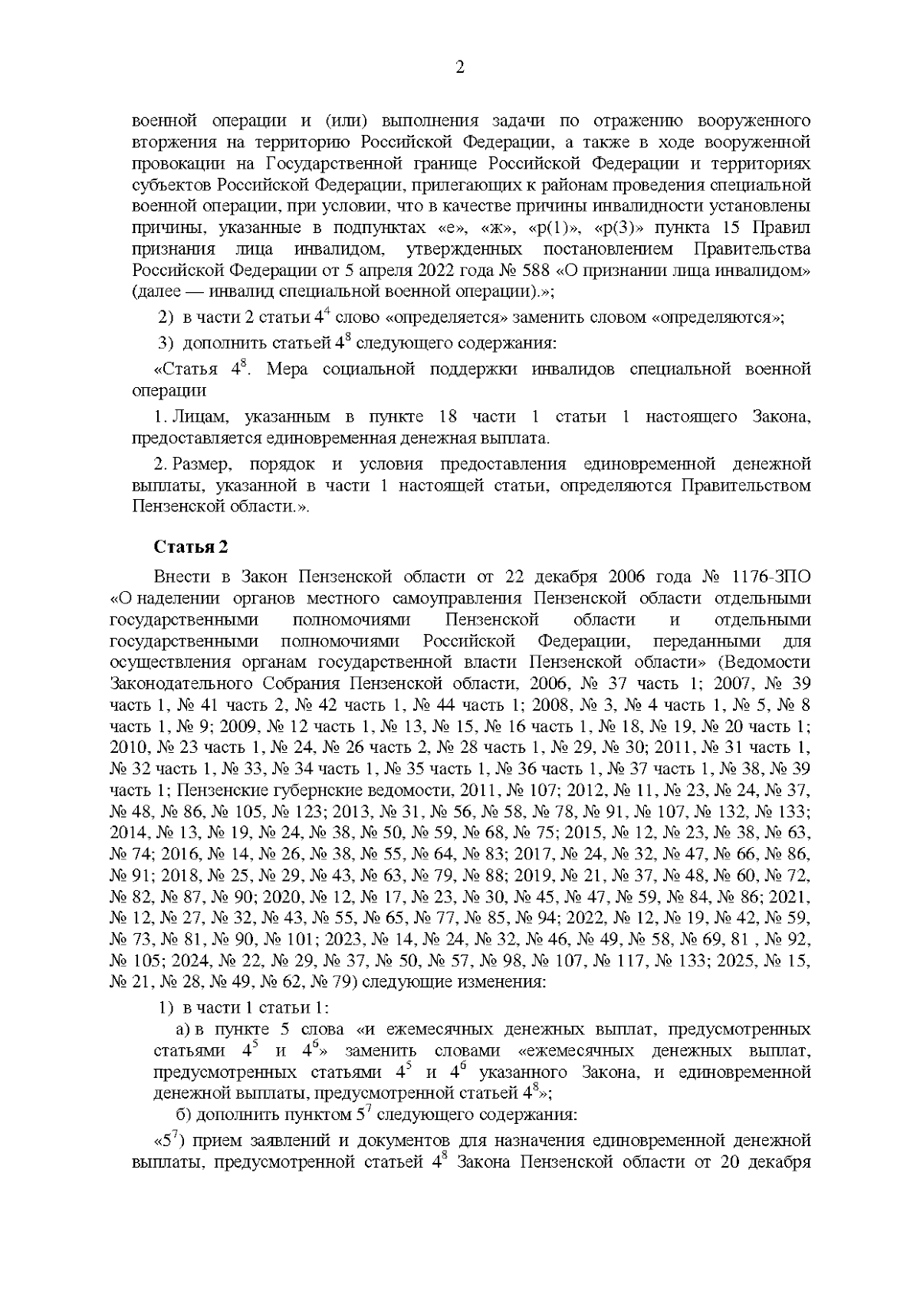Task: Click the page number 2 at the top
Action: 460,67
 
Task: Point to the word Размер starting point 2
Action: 200,465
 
